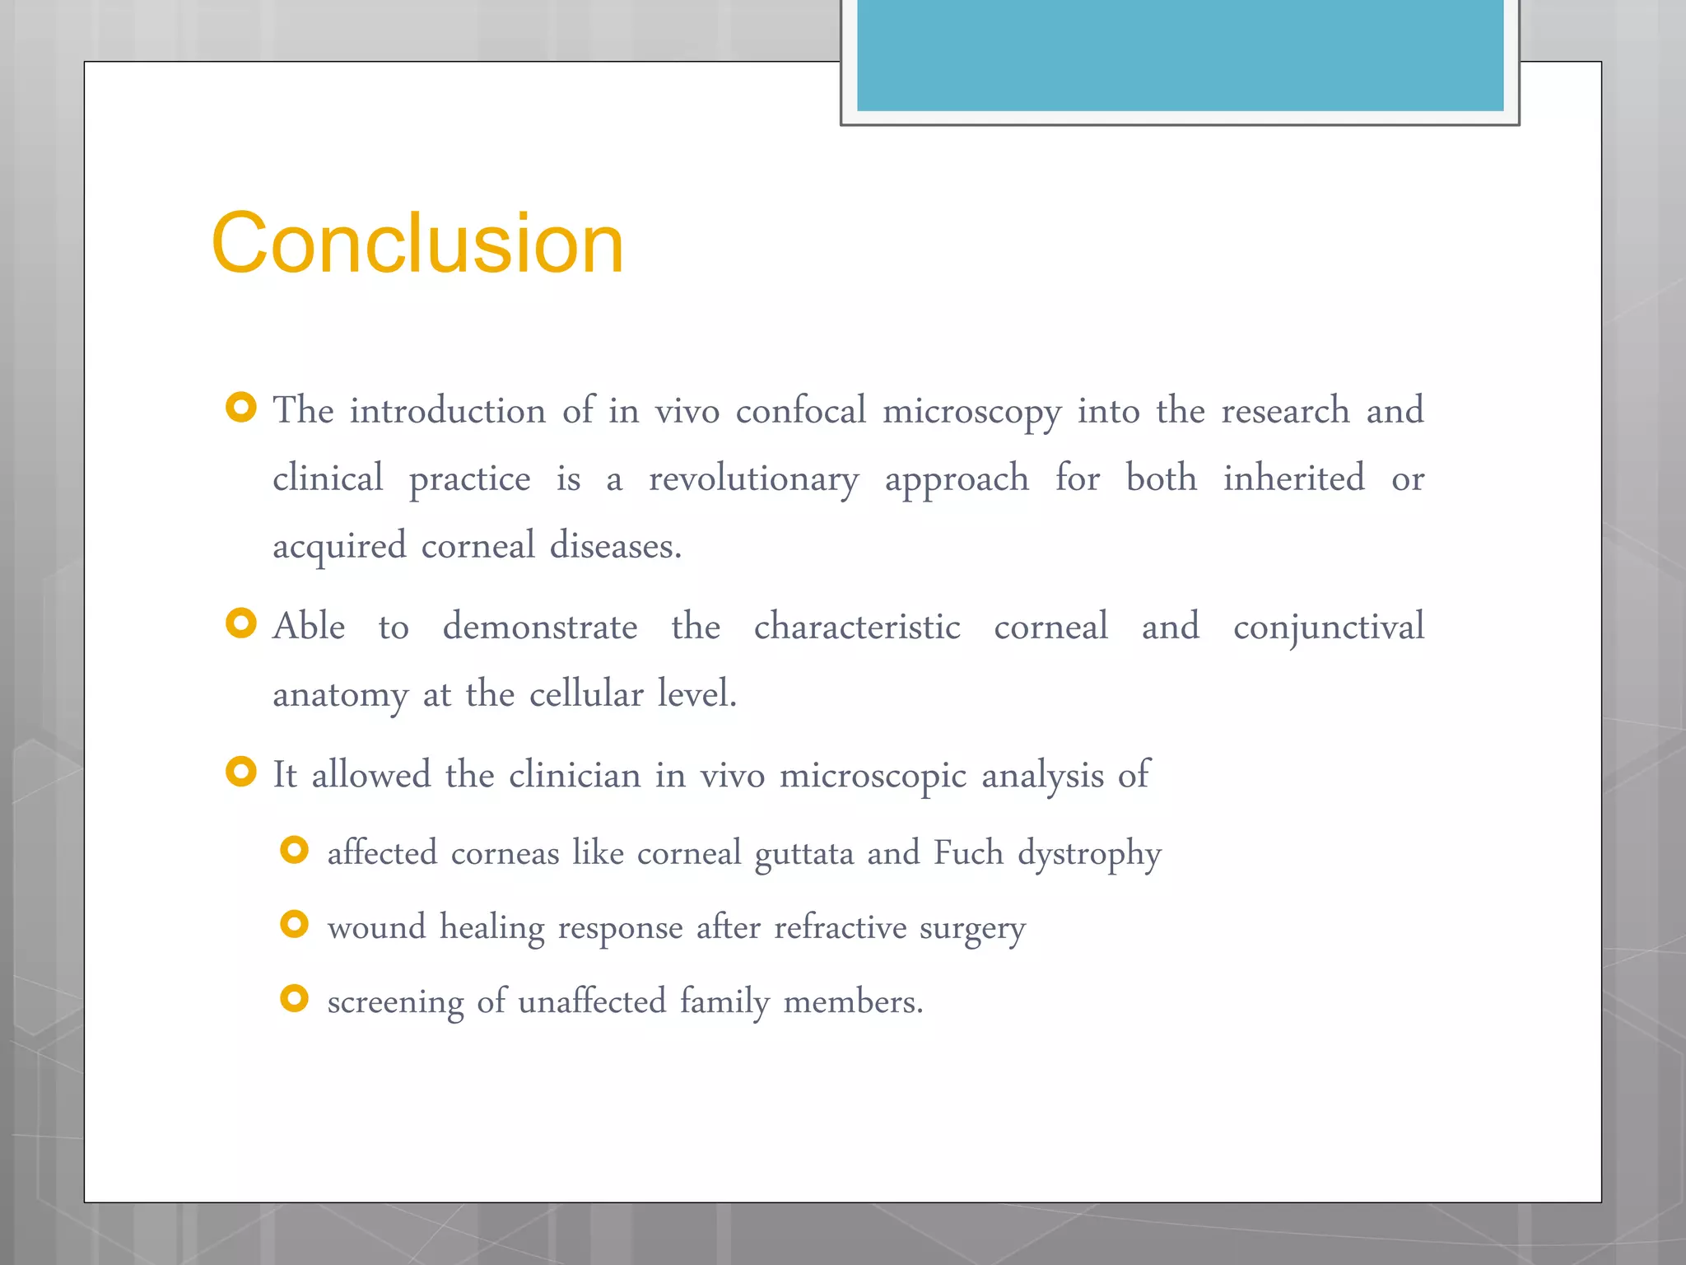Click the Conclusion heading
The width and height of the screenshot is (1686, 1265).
(417, 243)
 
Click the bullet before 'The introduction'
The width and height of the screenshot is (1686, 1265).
(241, 407)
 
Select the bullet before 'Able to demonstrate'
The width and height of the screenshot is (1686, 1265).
(241, 623)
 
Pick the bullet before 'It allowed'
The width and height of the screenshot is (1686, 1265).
(241, 772)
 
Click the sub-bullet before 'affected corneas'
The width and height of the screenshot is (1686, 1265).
(294, 850)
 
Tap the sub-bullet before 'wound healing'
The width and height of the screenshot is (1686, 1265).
(294, 924)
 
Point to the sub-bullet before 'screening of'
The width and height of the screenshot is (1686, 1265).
(294, 998)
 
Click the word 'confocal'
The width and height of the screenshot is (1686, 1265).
(800, 410)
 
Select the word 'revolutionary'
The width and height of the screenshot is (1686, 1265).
(753, 478)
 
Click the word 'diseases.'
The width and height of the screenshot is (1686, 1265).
(616, 546)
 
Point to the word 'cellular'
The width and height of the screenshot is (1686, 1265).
(586, 694)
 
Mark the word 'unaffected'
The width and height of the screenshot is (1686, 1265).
(592, 1001)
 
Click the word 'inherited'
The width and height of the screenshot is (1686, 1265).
(1293, 478)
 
